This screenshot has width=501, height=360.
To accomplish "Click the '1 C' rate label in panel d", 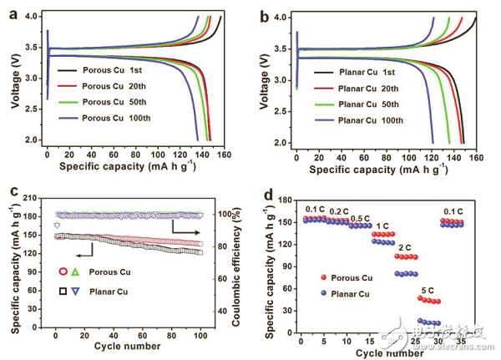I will (x=380, y=226).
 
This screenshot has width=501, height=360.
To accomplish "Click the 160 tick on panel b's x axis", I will (x=473, y=158).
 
